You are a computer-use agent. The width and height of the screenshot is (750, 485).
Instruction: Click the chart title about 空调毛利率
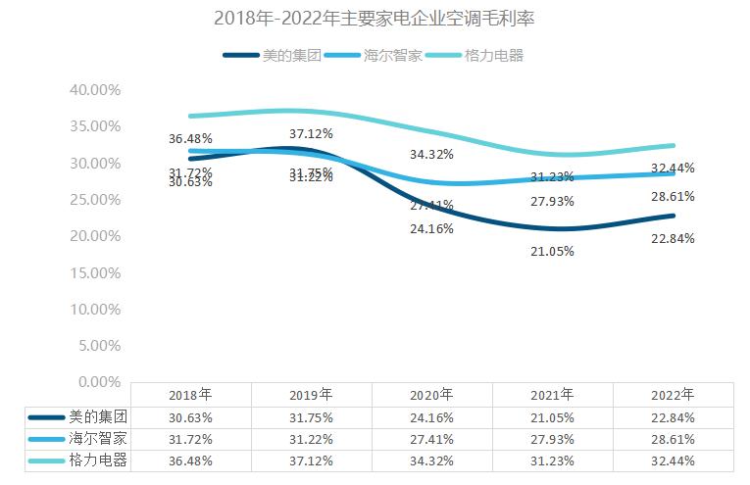pyautogui.click(x=375, y=18)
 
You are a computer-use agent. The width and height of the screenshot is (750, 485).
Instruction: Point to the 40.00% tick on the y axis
pyautogui.click(x=95, y=89)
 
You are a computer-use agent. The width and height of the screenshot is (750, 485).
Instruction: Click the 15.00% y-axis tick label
pyautogui.click(x=95, y=272)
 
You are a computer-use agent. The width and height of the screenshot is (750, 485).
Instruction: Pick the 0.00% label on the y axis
pyautogui.click(x=98, y=381)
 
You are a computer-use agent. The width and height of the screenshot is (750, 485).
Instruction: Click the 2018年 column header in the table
pyautogui.click(x=190, y=395)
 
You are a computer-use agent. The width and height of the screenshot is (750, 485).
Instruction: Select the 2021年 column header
pyautogui.click(x=552, y=395)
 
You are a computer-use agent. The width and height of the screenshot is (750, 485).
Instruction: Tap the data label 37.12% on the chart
pyautogui.click(x=311, y=133)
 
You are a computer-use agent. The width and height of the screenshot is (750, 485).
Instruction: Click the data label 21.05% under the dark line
pyautogui.click(x=552, y=251)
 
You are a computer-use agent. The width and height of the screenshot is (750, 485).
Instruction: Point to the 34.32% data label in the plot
pyautogui.click(x=431, y=155)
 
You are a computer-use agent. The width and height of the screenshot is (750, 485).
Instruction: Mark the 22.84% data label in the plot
pyautogui.click(x=673, y=238)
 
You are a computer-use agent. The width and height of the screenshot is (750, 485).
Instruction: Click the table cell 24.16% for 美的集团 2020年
pyautogui.click(x=431, y=416)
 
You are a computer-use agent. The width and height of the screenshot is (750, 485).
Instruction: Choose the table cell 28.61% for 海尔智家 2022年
pyautogui.click(x=673, y=438)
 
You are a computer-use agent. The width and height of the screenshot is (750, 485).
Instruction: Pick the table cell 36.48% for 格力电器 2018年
pyautogui.click(x=190, y=461)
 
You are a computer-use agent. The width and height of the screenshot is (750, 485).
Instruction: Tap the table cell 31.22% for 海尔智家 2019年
pyautogui.click(x=311, y=438)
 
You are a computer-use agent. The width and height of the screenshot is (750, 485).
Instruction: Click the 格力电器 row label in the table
pyautogui.click(x=99, y=461)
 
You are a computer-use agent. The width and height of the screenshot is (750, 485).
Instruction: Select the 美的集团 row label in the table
pyautogui.click(x=99, y=416)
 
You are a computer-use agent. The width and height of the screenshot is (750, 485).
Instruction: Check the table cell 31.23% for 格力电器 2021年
pyautogui.click(x=552, y=461)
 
